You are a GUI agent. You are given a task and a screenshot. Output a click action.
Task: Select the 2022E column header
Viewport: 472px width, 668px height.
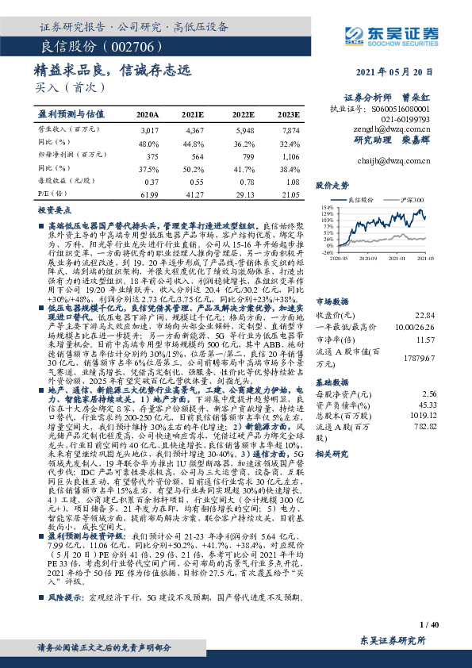(243, 114)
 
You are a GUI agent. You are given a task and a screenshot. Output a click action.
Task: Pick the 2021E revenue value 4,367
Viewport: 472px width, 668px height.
(195, 129)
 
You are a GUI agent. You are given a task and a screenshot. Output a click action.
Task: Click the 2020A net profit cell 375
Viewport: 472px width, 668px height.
(150, 156)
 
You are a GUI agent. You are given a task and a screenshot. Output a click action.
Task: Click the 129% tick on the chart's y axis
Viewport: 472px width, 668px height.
(327, 214)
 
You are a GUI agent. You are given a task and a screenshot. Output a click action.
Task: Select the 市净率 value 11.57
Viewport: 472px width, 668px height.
(447, 317)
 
